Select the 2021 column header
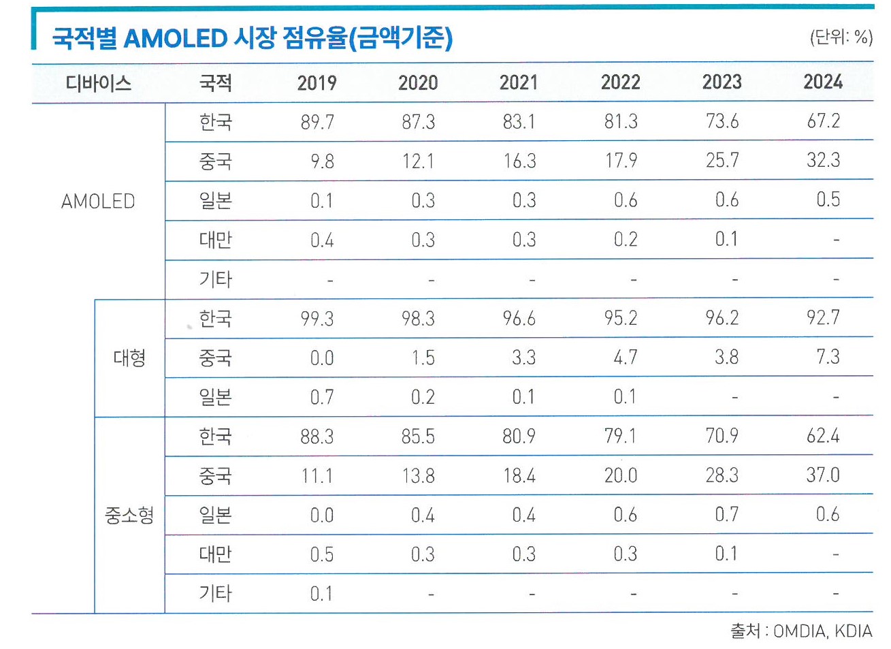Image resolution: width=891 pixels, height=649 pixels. (519, 83)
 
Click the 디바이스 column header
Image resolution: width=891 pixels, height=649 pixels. (98, 84)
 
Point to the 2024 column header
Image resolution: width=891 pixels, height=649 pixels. (823, 82)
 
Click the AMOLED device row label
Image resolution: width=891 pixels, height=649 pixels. (98, 202)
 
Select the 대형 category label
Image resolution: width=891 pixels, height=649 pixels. (129, 358)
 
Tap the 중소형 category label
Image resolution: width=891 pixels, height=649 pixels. (129, 516)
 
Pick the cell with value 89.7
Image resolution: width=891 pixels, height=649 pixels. (317, 123)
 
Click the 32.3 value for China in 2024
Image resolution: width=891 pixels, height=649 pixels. (823, 161)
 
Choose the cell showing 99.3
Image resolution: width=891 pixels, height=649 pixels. (317, 319)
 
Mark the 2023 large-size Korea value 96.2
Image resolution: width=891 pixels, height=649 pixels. (722, 318)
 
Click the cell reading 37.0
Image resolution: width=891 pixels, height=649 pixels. (823, 475)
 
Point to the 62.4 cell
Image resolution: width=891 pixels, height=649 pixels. (823, 436)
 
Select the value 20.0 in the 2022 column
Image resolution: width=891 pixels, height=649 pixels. (621, 475)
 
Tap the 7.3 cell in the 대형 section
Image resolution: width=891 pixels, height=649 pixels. (828, 357)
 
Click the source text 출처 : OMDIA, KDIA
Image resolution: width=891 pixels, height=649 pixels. (801, 631)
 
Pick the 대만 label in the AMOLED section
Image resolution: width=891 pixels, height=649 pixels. (216, 240)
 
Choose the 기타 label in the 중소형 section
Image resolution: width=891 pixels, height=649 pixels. (216, 593)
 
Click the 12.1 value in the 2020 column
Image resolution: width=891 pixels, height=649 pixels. (418, 161)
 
